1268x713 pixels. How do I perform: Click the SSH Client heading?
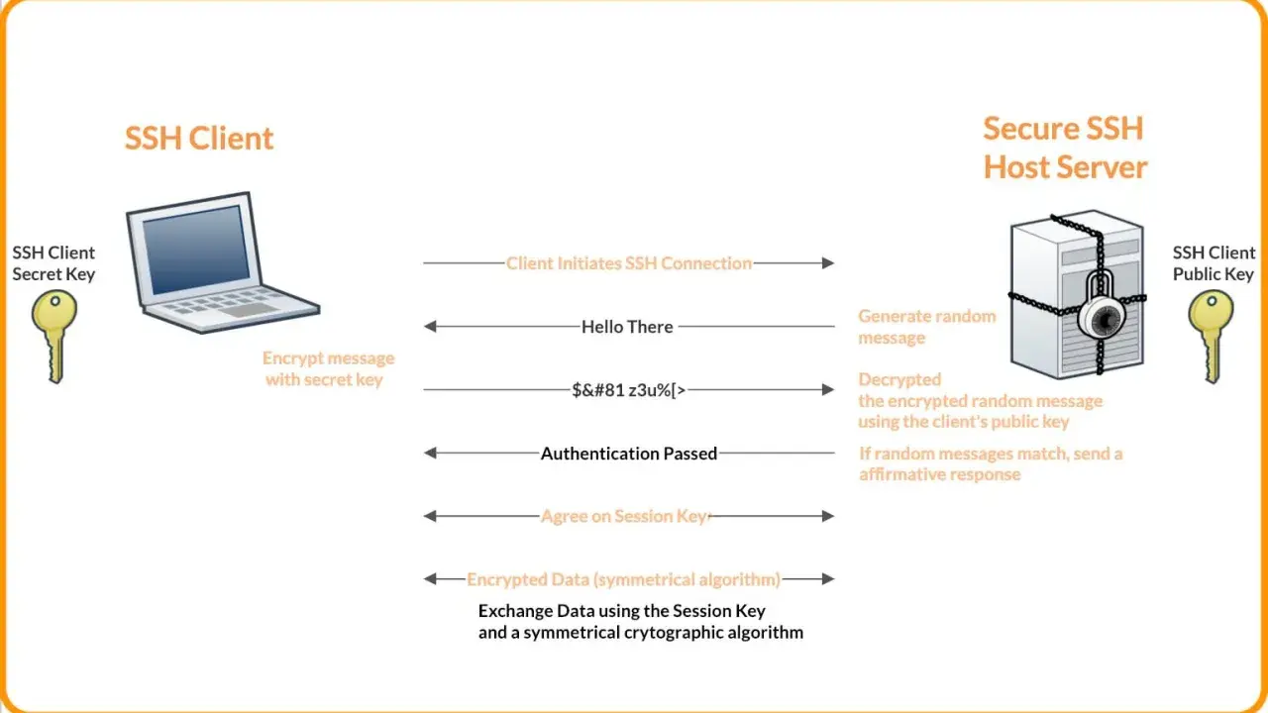[199, 138]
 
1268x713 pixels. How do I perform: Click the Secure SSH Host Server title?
[1065, 148]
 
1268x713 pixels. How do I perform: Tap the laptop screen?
[196, 249]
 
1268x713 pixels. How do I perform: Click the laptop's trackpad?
[249, 310]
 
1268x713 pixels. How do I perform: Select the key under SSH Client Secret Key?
[54, 336]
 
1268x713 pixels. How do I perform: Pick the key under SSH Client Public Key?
[1211, 336]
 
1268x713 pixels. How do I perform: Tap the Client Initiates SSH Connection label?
[629, 263]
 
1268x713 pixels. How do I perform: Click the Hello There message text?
[627, 327]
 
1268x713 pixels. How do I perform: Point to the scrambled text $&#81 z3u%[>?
[629, 390]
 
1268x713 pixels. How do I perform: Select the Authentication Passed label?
[629, 454]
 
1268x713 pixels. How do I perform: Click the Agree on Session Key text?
[624, 516]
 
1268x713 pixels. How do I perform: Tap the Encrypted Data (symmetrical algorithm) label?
[623, 579]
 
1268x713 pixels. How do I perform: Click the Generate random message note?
[926, 327]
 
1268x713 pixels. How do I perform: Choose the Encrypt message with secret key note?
[328, 368]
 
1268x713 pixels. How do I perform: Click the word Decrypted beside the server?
[899, 379]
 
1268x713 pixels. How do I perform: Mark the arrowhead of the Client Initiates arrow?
[828, 263]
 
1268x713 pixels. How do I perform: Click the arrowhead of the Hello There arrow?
[430, 327]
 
